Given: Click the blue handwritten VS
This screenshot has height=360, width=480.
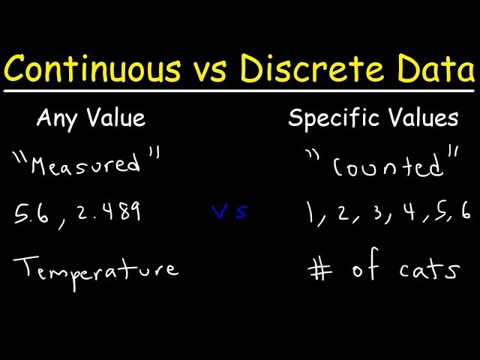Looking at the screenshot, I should pyautogui.click(x=229, y=212).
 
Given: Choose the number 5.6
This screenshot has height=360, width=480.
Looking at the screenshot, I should pyautogui.click(x=31, y=216).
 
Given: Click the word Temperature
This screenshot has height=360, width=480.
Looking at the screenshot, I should pyautogui.click(x=96, y=268).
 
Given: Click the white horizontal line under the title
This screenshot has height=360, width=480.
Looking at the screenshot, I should pyautogui.click(x=240, y=91).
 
